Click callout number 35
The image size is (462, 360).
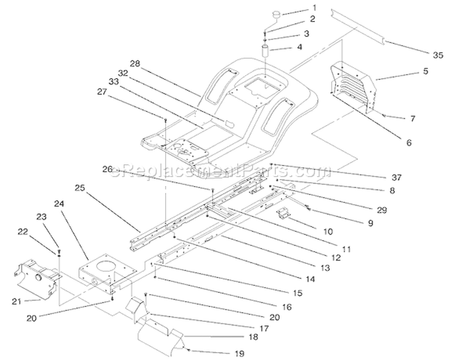pos(438,55)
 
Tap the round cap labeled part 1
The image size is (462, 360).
pos(277,15)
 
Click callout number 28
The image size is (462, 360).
pos(135,63)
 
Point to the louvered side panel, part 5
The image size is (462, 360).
pos(354,87)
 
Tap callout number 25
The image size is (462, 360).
pos(79,188)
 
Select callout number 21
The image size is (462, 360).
pos(17,301)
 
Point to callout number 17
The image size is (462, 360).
pos(264,328)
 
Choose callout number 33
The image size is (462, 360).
pos(113,81)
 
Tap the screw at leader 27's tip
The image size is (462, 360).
pos(165,119)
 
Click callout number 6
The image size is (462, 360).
pos(408,143)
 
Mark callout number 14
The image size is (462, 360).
pos(310,279)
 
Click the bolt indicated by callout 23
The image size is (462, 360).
pos(59,250)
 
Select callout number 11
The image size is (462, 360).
pos(346,249)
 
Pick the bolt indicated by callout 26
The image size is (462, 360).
pos(212,190)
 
